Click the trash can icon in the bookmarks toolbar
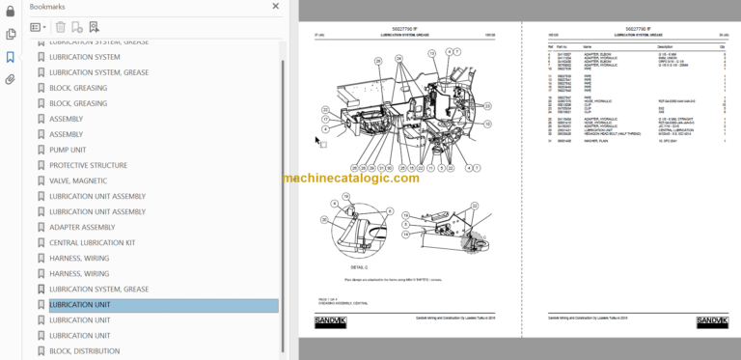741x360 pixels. tap(61, 28)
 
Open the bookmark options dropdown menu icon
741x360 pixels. tap(39, 28)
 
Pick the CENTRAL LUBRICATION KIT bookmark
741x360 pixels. tap(105, 242)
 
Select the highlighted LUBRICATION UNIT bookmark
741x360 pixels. tap(79, 305)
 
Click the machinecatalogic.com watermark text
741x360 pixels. tap(351, 179)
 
